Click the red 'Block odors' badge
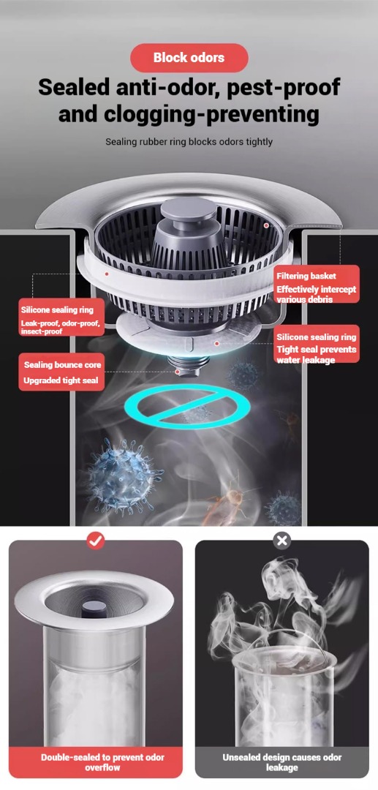(189, 58)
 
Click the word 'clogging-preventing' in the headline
(211, 114)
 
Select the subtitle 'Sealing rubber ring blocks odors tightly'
(189, 142)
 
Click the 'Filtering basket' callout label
(306, 276)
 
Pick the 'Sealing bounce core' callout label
(62, 365)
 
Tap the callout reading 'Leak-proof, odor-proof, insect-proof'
(61, 327)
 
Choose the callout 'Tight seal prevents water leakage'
(316, 355)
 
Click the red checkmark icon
(96, 541)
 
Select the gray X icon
(282, 541)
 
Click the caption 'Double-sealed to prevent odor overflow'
(96, 762)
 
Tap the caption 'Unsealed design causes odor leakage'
(282, 762)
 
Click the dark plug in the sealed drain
(94, 609)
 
